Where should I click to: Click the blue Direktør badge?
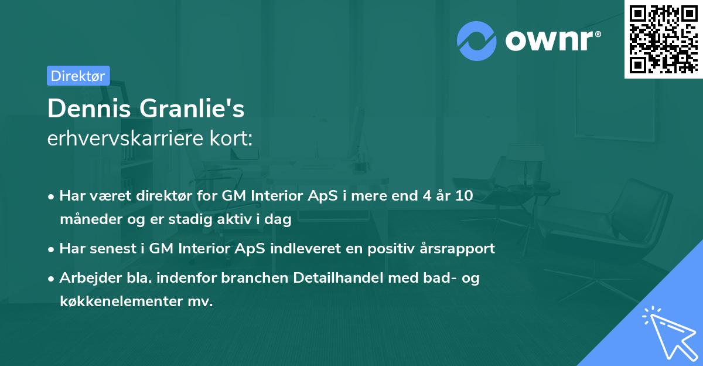78,76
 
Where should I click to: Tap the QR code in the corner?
663,39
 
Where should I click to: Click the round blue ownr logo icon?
477,40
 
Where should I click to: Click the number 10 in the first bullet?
464,196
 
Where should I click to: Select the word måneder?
87,220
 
